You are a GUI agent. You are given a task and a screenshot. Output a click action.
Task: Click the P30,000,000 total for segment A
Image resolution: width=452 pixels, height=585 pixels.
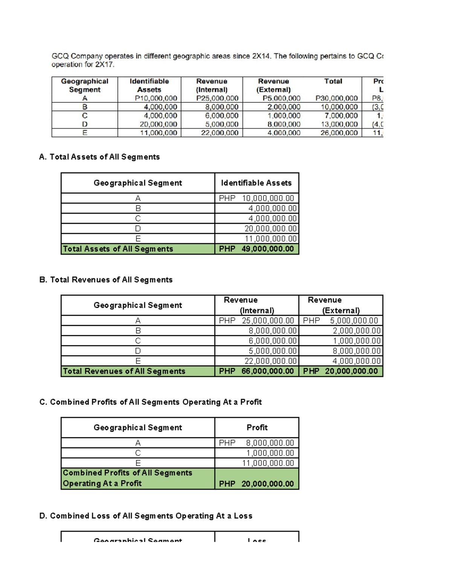[x=336, y=98]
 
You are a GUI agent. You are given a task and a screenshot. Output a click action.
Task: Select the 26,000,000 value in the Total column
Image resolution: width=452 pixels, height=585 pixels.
[x=339, y=133]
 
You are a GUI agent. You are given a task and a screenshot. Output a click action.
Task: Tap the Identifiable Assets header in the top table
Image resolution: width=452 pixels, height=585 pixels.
[x=149, y=86]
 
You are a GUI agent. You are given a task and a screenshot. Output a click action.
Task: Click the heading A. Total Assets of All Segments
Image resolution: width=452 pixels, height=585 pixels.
[x=99, y=157]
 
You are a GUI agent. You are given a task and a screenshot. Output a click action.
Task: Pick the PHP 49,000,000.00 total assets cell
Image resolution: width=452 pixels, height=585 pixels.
[x=257, y=249]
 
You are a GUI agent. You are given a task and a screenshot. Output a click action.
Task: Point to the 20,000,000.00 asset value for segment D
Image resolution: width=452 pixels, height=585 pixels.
[x=270, y=229]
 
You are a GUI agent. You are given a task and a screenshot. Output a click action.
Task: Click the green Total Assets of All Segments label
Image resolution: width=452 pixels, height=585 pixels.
[x=118, y=249]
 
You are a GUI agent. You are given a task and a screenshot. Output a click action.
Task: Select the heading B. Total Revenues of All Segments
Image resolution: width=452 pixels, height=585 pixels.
[x=106, y=280]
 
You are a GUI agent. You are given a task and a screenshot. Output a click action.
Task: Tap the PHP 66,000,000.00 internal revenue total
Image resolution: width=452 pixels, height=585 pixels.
[x=257, y=371]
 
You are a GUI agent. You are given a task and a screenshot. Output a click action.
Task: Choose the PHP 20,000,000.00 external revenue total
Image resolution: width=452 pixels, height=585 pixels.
[x=341, y=371]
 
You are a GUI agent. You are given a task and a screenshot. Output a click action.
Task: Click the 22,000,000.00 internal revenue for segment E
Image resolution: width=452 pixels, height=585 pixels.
[x=270, y=361]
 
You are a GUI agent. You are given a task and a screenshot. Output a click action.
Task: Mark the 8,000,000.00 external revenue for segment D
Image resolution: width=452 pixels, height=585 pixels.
[x=356, y=351]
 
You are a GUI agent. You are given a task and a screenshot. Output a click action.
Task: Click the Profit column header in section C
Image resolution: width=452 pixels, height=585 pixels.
[x=257, y=428]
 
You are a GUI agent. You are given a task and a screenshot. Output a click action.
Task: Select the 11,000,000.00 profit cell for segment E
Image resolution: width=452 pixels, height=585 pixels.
[x=268, y=463]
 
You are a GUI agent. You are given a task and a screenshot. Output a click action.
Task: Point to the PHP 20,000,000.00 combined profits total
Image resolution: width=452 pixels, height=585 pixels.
[x=257, y=484]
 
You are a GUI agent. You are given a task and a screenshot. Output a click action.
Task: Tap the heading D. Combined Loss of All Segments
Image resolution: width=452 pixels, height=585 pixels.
[x=146, y=516]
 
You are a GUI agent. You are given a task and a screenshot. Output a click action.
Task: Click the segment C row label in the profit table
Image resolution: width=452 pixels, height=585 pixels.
[x=138, y=453]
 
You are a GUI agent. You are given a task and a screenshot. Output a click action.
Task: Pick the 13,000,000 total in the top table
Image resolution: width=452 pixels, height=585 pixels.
[x=339, y=124]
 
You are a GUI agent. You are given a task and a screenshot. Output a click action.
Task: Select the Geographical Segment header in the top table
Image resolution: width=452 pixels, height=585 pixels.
[x=85, y=86]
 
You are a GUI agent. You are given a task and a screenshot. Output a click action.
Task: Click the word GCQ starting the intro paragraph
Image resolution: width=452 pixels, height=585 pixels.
[x=60, y=56]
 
